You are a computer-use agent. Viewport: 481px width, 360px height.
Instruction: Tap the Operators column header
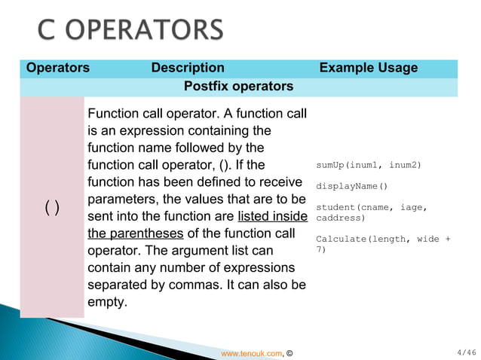pyautogui.click(x=58, y=68)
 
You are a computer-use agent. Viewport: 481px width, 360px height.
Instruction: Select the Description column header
pyautogui.click(x=188, y=68)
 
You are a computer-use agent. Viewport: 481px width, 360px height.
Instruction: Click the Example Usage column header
pyautogui.click(x=368, y=68)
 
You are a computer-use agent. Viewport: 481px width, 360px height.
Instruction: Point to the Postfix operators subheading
pyautogui.click(x=238, y=87)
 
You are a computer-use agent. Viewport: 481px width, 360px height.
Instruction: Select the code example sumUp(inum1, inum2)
pyautogui.click(x=368, y=165)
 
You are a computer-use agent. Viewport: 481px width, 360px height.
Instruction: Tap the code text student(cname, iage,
pyautogui.click(x=372, y=207)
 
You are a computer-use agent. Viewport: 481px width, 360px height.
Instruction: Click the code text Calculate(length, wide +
pyautogui.click(x=383, y=239)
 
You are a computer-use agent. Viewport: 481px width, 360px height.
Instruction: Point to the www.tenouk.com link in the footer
pyautogui.click(x=251, y=352)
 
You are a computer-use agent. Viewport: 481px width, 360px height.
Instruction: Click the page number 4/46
pyautogui.click(x=467, y=352)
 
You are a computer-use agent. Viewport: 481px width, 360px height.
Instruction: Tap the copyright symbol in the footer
pyautogui.click(x=291, y=352)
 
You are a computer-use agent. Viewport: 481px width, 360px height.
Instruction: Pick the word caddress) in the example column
pyautogui.click(x=340, y=218)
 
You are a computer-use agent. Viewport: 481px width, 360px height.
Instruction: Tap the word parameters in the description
pyautogui.click(x=124, y=200)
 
